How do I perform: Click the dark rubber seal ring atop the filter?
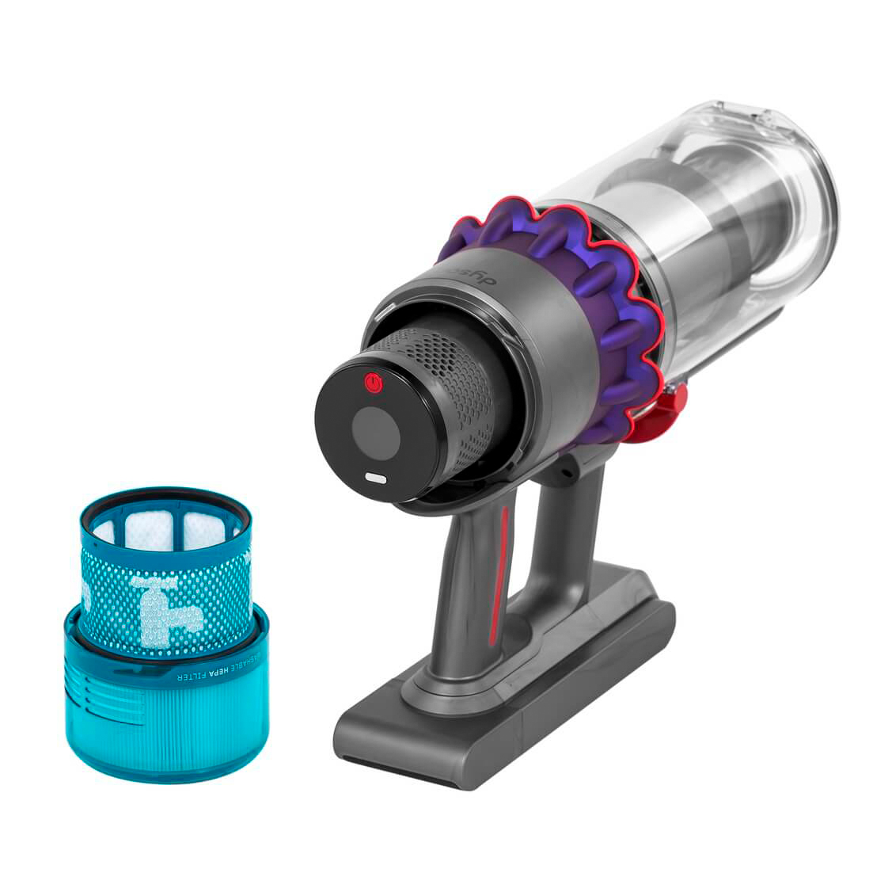[166, 497]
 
